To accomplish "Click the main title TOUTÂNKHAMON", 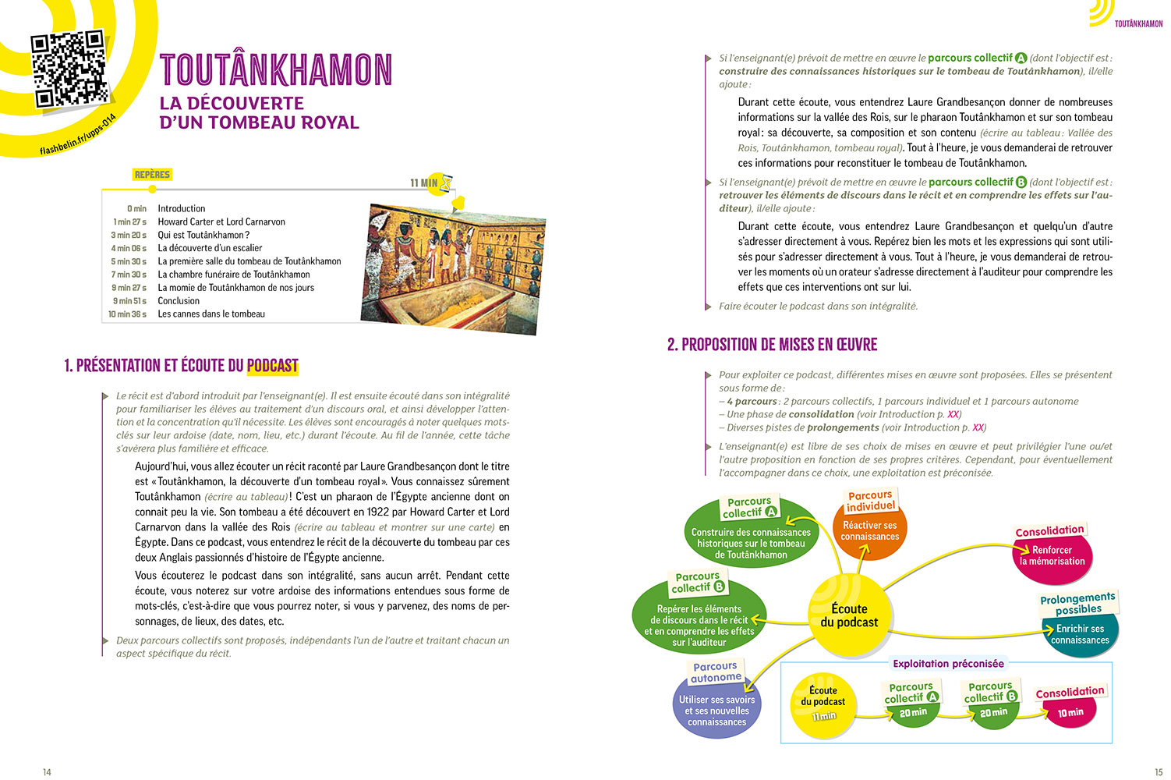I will (276, 70).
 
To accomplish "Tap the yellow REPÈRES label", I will (152, 175).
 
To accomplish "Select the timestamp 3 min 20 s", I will (129, 235).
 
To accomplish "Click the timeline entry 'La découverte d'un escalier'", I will (210, 248).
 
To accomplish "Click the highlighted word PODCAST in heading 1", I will (273, 366).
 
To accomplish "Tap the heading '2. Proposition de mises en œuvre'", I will (772, 345).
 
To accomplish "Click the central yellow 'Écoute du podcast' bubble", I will (849, 615).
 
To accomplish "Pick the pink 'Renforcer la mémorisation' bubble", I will (1052, 556).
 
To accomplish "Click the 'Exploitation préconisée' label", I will (948, 664).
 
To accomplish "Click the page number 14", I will (47, 772).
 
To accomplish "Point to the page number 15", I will (1159, 772).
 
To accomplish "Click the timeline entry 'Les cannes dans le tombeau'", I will (211, 314).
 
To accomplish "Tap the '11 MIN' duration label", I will (423, 183).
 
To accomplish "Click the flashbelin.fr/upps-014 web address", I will (78, 135).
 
